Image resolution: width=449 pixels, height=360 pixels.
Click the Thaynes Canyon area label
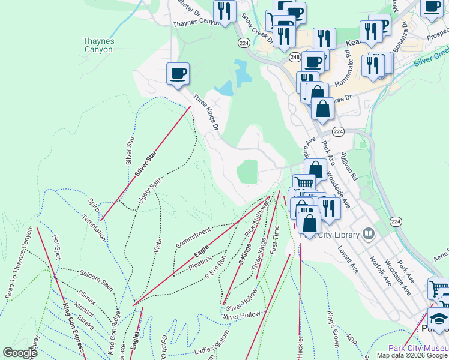pos(98,45)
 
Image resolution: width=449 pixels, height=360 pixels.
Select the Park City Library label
pos(330,234)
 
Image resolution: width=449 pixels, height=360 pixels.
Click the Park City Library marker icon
pos(369,233)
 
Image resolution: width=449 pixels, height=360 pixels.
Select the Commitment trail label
pos(193,238)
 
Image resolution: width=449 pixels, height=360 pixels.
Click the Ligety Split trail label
pos(148,193)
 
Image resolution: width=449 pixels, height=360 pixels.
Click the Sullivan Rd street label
pos(349,167)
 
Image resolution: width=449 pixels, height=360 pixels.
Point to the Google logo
pos(20,353)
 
